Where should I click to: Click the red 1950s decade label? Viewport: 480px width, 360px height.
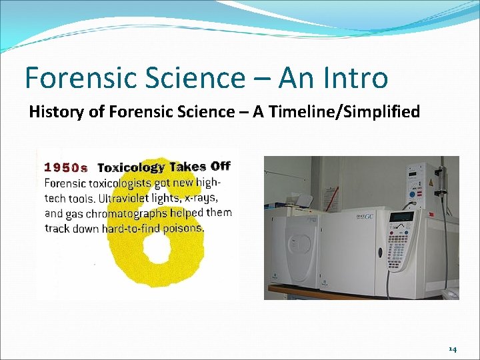[65, 167]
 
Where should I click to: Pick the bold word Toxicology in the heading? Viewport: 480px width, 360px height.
[132, 167]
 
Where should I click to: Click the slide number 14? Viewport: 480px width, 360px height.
[453, 349]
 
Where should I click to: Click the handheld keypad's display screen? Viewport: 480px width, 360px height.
[402, 217]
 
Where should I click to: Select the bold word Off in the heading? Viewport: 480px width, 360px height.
[220, 167]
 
